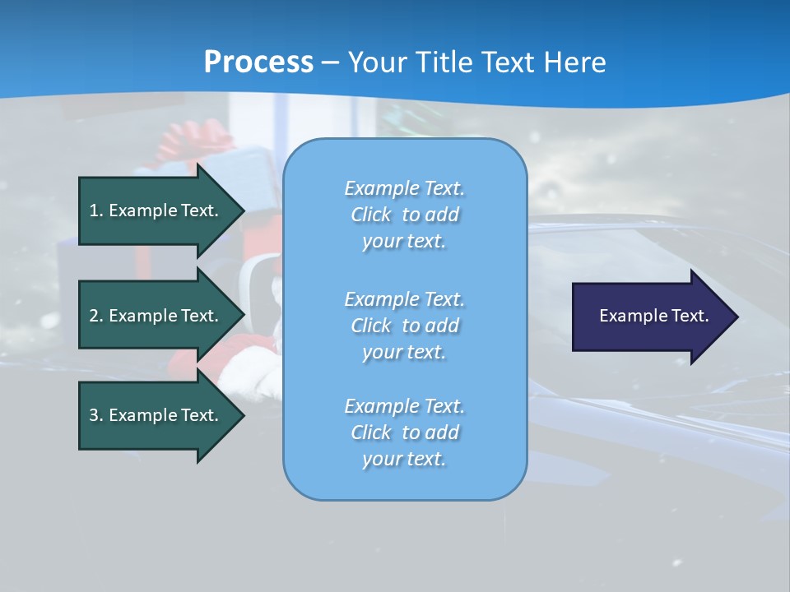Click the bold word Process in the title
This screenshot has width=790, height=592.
tap(258, 62)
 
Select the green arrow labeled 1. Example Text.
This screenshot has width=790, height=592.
tap(156, 210)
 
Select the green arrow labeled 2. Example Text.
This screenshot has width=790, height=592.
tap(156, 316)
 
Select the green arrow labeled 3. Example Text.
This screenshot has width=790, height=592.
tap(156, 415)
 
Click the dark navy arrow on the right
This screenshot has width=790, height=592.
tap(650, 317)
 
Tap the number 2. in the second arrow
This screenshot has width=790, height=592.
tap(96, 316)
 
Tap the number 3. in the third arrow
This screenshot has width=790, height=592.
tap(96, 415)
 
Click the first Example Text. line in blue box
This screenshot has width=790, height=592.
tap(404, 188)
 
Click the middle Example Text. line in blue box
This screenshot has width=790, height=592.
tap(404, 298)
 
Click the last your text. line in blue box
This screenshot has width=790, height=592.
tap(404, 459)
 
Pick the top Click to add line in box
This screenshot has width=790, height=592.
tap(404, 215)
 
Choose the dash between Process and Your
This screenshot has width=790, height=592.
tap(330, 62)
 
